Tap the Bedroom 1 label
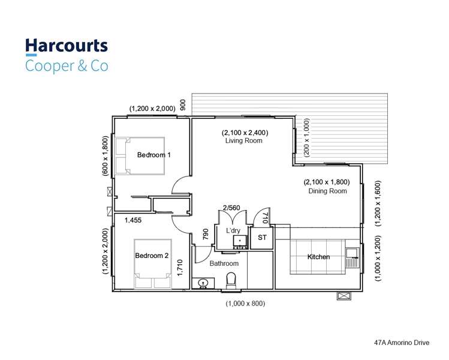pos(153,155)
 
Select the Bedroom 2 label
pos(152,256)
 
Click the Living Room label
pos(244,141)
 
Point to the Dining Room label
pos(327,191)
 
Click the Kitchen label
pos(318,257)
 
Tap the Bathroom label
pos(224,263)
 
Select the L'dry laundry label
pos(233,230)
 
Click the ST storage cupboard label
pos(262,238)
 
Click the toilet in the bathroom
pos(231,280)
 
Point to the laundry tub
pos(240,241)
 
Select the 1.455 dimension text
pos(133,221)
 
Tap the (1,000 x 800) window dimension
pos(245,304)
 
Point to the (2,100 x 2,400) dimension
pos(245,133)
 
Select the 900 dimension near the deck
pos(183,104)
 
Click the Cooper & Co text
pos(66,65)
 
